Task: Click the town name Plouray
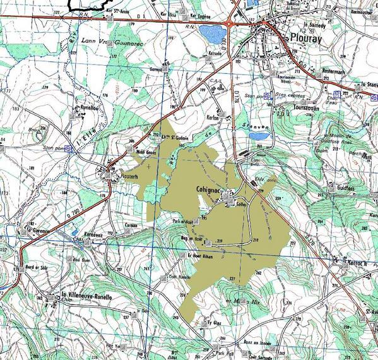[307, 38]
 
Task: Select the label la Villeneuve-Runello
[86, 296]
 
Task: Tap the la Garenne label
[38, 231]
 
